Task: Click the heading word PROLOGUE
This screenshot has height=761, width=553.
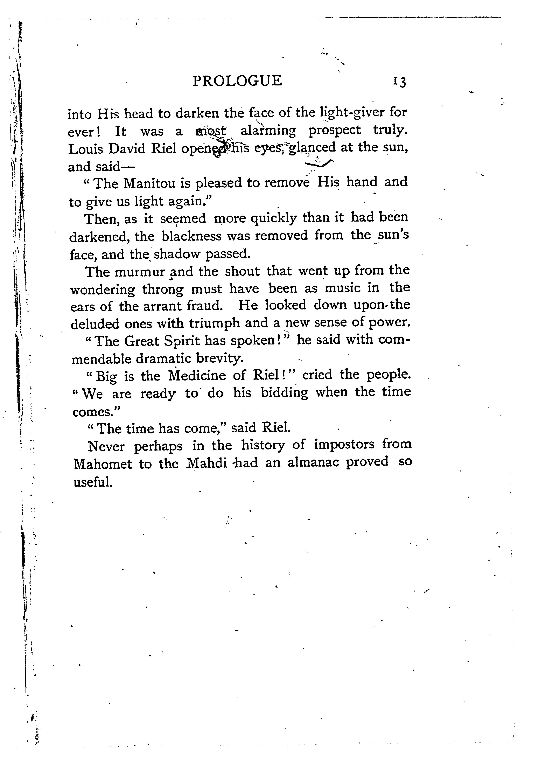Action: (237, 81)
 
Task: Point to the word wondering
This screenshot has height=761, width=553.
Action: (103, 289)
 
